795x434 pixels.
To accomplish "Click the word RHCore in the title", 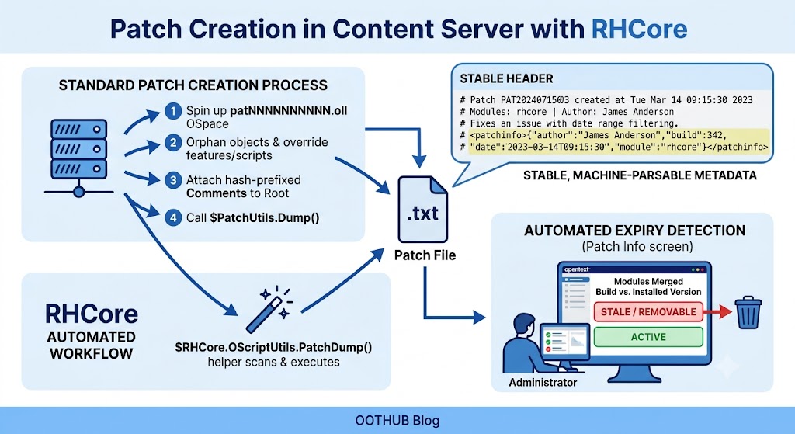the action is point(640,29).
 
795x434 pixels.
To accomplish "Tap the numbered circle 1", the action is point(173,110).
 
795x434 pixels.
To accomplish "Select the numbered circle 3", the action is point(173,180).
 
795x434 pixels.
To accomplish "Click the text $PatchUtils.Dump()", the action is point(265,217).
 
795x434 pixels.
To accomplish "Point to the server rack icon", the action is point(79,157).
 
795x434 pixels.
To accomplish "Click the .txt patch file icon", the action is point(423,210).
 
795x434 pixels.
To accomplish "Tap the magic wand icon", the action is point(269,309).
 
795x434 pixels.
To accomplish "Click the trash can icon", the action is point(748,314).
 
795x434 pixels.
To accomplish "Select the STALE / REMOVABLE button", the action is point(648,312).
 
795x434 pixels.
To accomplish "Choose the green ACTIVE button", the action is point(648,337).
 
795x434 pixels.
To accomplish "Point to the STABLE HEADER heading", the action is point(506,78).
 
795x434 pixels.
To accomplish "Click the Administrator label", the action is point(543,382).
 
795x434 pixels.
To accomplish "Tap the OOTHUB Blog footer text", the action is point(397,420).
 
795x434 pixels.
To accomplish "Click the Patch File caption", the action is point(425,255).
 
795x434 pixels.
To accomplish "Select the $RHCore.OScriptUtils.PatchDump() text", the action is point(274,347).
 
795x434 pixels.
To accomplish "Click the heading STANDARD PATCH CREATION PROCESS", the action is point(193,85).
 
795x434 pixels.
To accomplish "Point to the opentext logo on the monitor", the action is point(578,269).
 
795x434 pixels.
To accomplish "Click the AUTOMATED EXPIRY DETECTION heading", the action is point(635,231).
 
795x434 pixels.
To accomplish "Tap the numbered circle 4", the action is point(173,217).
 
